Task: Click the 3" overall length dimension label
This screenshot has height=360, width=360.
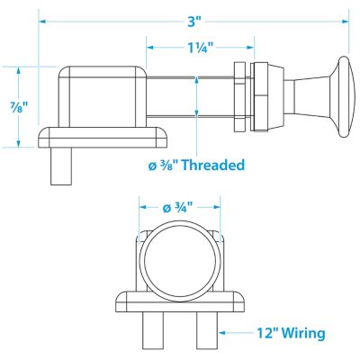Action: coord(194,22)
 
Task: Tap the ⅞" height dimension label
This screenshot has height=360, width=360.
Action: coord(19,107)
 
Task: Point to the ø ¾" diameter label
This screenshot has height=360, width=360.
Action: coord(177,207)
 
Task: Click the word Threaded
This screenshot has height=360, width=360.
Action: coord(213,165)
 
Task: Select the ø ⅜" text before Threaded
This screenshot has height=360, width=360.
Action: coord(164,165)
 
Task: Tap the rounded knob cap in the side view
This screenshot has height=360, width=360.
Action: coord(344,97)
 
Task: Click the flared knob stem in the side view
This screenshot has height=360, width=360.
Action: coord(312,97)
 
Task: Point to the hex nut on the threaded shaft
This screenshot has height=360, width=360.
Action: coord(240,97)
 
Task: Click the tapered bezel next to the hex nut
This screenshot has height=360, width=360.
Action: coord(267,97)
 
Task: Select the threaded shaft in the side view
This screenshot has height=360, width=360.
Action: coord(190,97)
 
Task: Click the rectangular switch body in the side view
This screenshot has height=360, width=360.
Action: coord(102,97)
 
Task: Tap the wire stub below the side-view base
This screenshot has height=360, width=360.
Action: coord(61,166)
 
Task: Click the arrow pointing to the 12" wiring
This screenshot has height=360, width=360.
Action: coord(236,333)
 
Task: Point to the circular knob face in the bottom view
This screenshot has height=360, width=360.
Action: coord(180,261)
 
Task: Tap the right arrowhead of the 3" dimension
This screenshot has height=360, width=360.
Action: coord(346,22)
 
